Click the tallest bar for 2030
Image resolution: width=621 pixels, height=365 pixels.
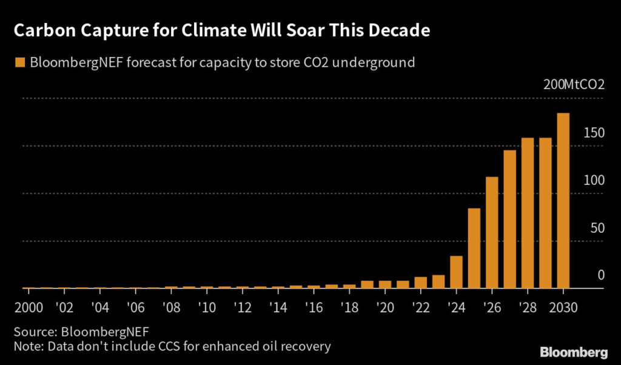(563, 201)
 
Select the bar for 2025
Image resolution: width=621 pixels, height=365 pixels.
(474, 249)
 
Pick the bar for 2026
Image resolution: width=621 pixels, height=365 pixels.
(492, 233)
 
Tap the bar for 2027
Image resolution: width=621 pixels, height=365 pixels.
(509, 219)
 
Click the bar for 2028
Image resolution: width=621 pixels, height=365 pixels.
(527, 213)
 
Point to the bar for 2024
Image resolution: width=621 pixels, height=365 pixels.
(456, 272)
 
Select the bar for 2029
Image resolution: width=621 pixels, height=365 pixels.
(545, 213)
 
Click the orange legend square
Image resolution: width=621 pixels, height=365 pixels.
(20, 62)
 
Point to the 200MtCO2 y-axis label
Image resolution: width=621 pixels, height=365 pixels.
(574, 85)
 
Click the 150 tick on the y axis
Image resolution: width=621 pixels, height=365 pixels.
(592, 133)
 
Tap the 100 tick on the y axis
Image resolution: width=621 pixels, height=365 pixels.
(592, 181)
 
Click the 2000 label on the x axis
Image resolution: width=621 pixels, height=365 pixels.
(29, 306)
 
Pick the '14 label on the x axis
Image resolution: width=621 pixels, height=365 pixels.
(278, 306)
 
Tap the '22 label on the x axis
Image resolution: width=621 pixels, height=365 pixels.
(420, 306)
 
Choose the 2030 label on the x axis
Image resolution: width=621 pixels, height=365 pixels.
(563, 306)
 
